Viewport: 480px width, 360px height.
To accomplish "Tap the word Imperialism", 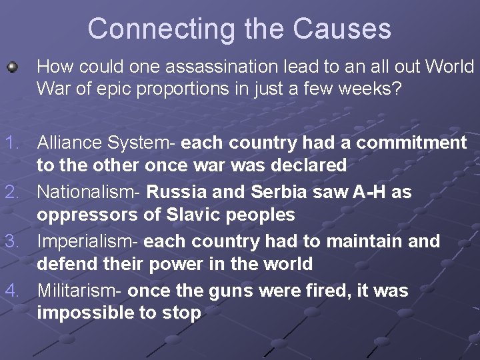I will pyautogui.click(x=86, y=241).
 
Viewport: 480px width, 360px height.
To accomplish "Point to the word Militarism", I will pyautogui.click(x=79, y=291).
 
